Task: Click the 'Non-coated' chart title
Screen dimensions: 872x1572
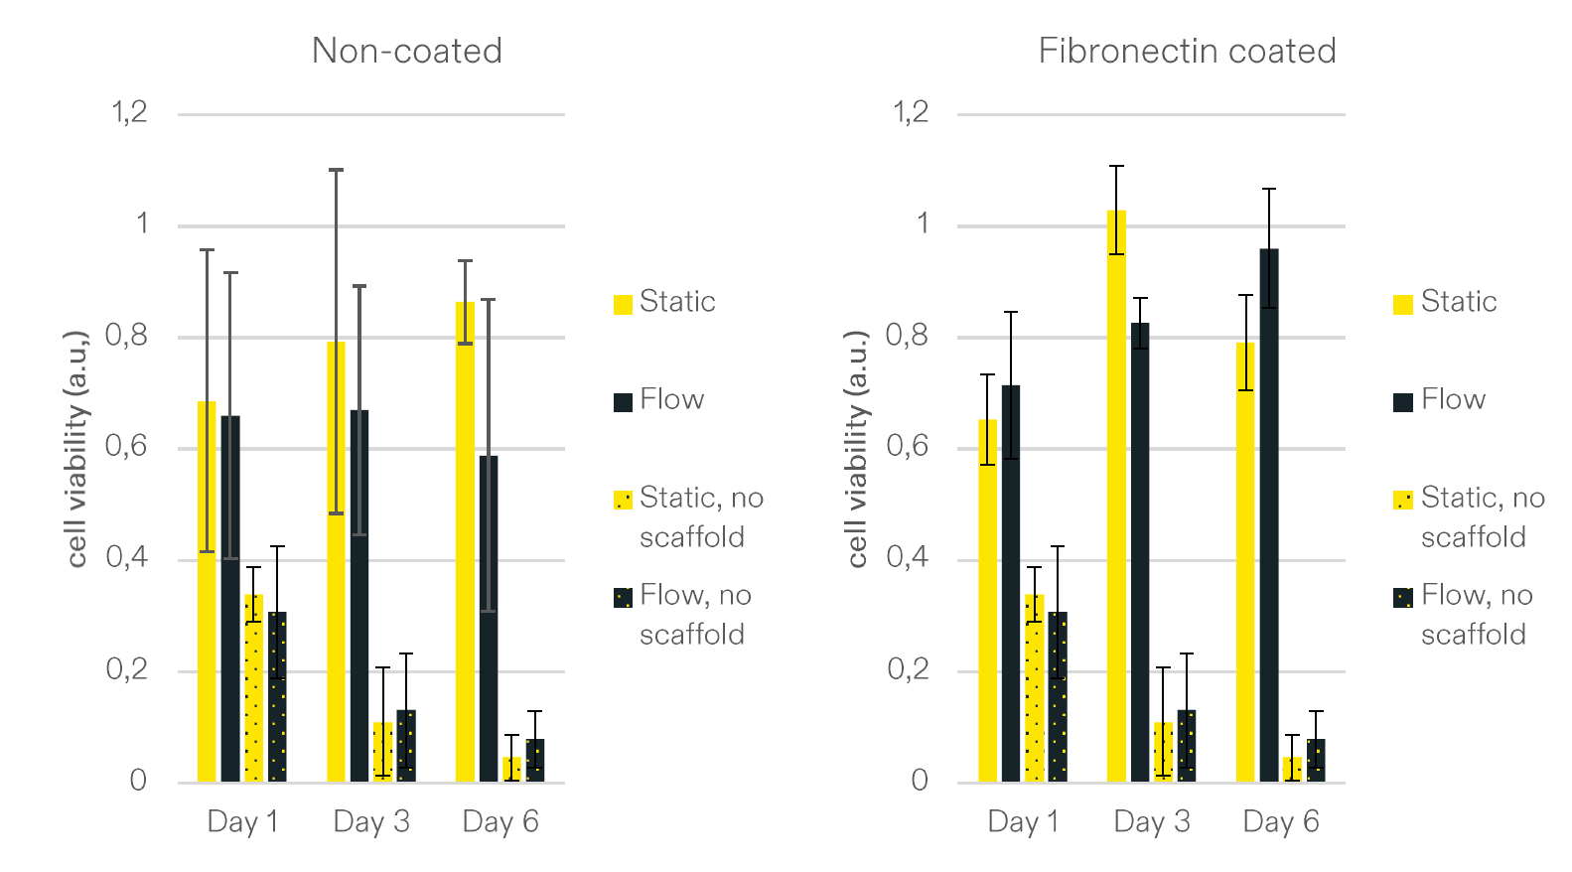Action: tap(406, 51)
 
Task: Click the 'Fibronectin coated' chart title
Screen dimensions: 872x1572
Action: tap(1187, 51)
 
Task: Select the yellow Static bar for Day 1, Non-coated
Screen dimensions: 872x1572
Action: tap(207, 596)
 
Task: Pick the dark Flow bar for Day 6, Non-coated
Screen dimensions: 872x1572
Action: tap(489, 621)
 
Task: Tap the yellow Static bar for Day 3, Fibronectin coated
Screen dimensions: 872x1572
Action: tap(1116, 497)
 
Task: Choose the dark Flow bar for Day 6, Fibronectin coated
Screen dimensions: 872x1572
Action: tap(1269, 516)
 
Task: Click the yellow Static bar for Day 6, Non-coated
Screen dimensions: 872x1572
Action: tap(465, 546)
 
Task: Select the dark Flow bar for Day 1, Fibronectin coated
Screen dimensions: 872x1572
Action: tap(1011, 586)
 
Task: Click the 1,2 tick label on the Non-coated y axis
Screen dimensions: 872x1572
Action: tap(129, 112)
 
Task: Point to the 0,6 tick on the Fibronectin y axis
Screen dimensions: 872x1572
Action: tap(908, 447)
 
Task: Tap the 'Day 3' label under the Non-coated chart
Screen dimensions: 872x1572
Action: tap(371, 822)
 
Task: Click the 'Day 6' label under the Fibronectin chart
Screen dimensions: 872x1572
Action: tap(1281, 822)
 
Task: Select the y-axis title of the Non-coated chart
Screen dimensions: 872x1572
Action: tap(77, 449)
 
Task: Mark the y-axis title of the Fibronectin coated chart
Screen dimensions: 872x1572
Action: tap(857, 449)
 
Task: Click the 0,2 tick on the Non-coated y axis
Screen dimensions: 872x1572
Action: tap(127, 669)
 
